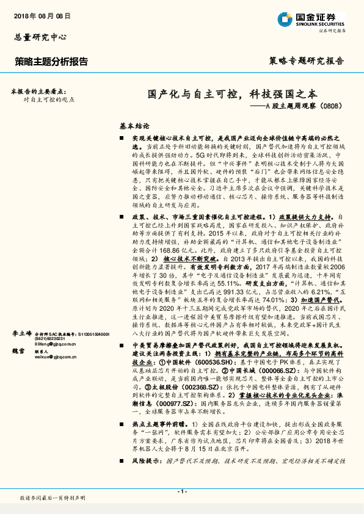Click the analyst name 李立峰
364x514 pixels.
click(22, 334)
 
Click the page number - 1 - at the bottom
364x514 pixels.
click(181, 491)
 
